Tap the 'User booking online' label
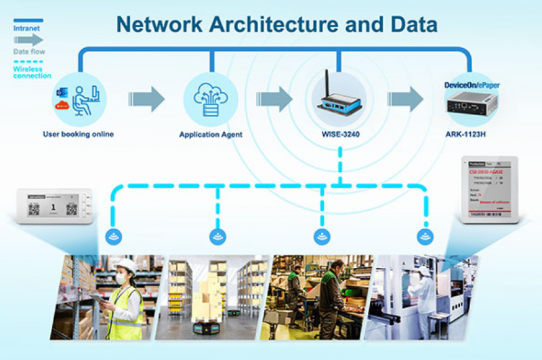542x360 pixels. coord(78,134)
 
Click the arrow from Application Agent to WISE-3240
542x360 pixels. coord(274,99)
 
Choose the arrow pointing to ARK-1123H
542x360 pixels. coord(405,99)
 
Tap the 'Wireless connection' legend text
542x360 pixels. coord(31,72)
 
